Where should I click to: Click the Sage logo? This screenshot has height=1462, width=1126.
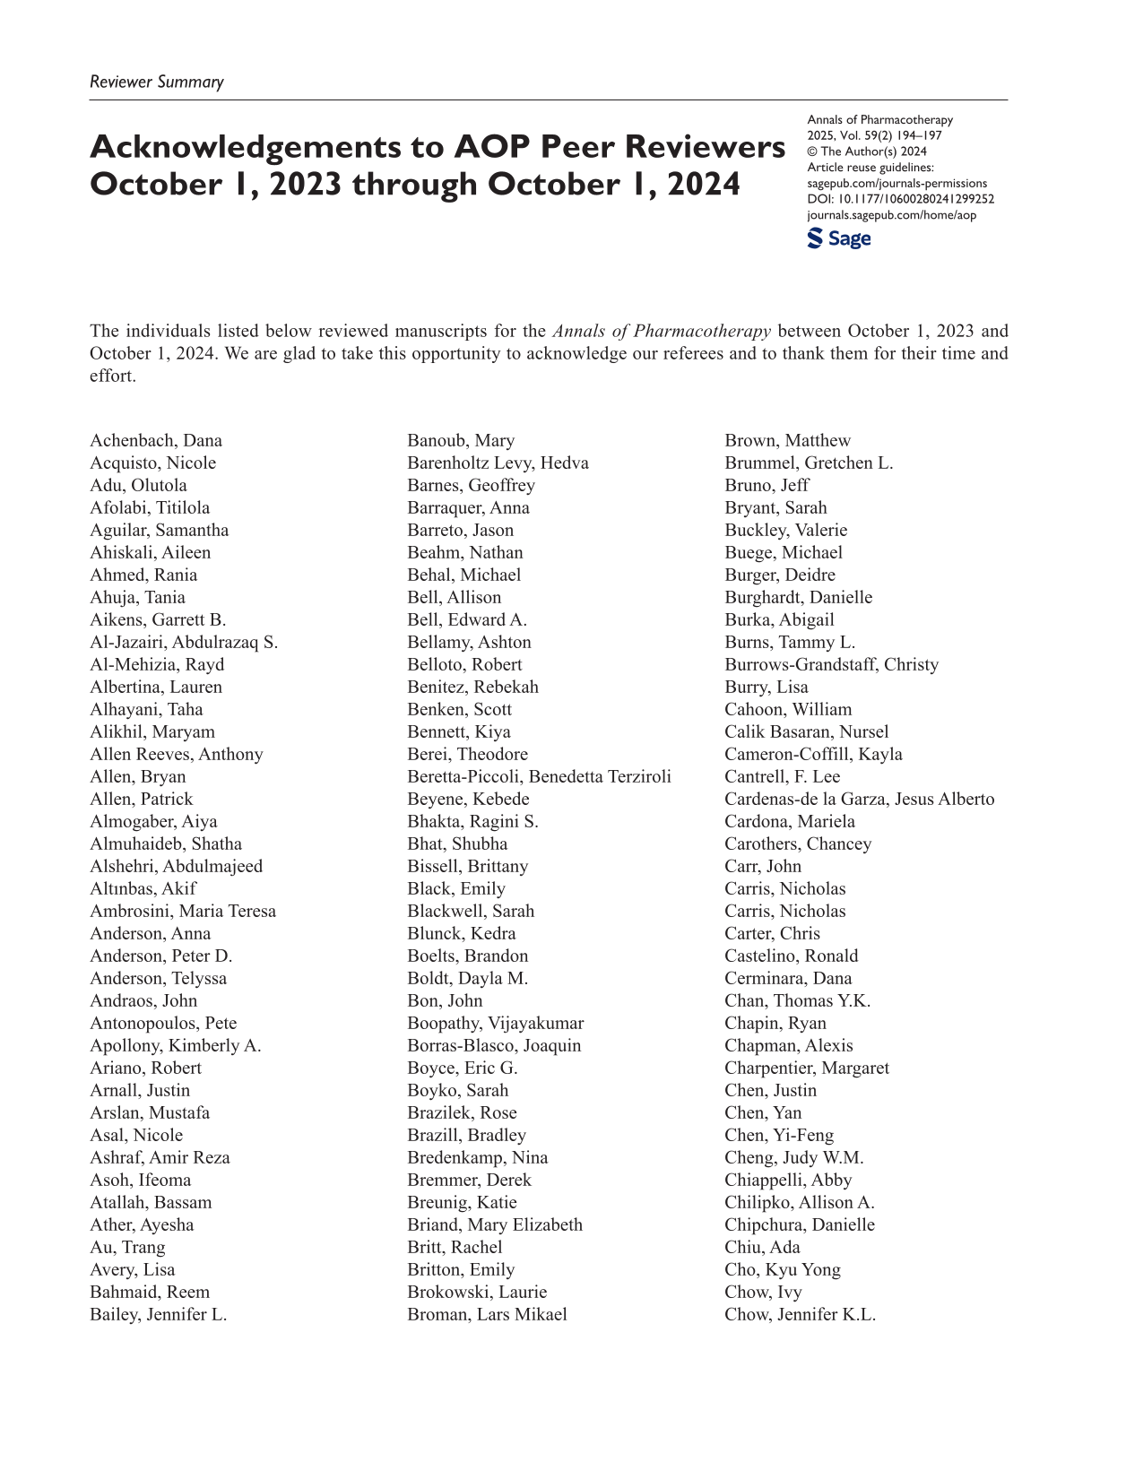[x=839, y=238]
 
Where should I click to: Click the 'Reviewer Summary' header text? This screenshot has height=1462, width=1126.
[x=157, y=82]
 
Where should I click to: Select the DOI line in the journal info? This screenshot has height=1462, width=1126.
[x=900, y=199]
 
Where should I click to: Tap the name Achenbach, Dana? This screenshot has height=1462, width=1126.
[x=156, y=440]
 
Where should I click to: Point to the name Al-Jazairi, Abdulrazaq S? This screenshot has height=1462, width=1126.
[x=184, y=642]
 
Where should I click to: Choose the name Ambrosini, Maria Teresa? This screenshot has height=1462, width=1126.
[x=183, y=911]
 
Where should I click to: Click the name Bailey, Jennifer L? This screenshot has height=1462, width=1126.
[x=159, y=1314]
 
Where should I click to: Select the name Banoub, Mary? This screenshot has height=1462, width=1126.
[x=461, y=440]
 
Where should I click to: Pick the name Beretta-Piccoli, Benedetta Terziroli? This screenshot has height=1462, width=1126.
[x=539, y=776]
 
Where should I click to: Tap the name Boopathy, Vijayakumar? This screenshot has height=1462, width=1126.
[x=495, y=1023]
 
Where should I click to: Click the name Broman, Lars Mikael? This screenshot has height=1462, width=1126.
[x=487, y=1314]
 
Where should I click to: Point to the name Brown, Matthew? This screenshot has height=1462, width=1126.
[x=787, y=440]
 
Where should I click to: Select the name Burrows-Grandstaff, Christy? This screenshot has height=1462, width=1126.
[x=831, y=664]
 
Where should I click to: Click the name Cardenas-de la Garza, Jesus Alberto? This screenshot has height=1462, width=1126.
[x=859, y=799]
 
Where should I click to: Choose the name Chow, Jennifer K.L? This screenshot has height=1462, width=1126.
[x=800, y=1314]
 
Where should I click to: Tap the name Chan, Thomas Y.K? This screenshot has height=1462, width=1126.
[x=797, y=1000]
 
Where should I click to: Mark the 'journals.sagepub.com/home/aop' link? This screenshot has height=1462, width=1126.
[x=891, y=215]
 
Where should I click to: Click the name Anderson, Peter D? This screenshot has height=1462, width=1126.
[x=161, y=956]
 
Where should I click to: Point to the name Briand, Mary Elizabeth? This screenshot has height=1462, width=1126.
[x=495, y=1224]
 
